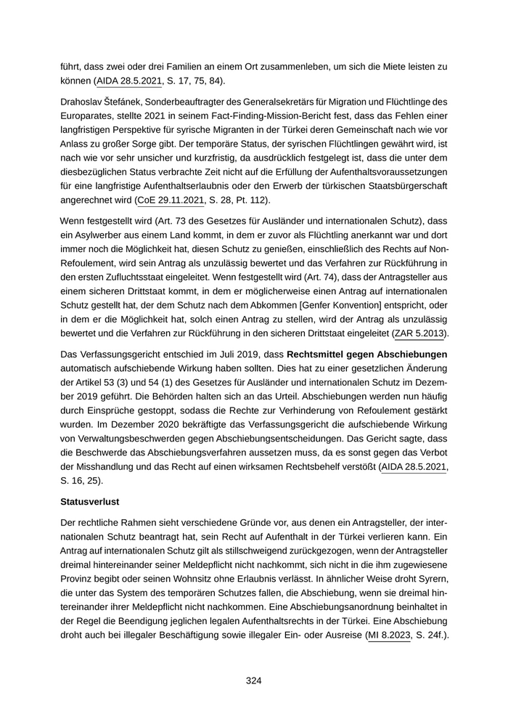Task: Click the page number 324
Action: (253, 681)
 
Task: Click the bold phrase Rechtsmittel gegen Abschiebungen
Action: (367, 354)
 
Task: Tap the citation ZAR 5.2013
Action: (419, 333)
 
